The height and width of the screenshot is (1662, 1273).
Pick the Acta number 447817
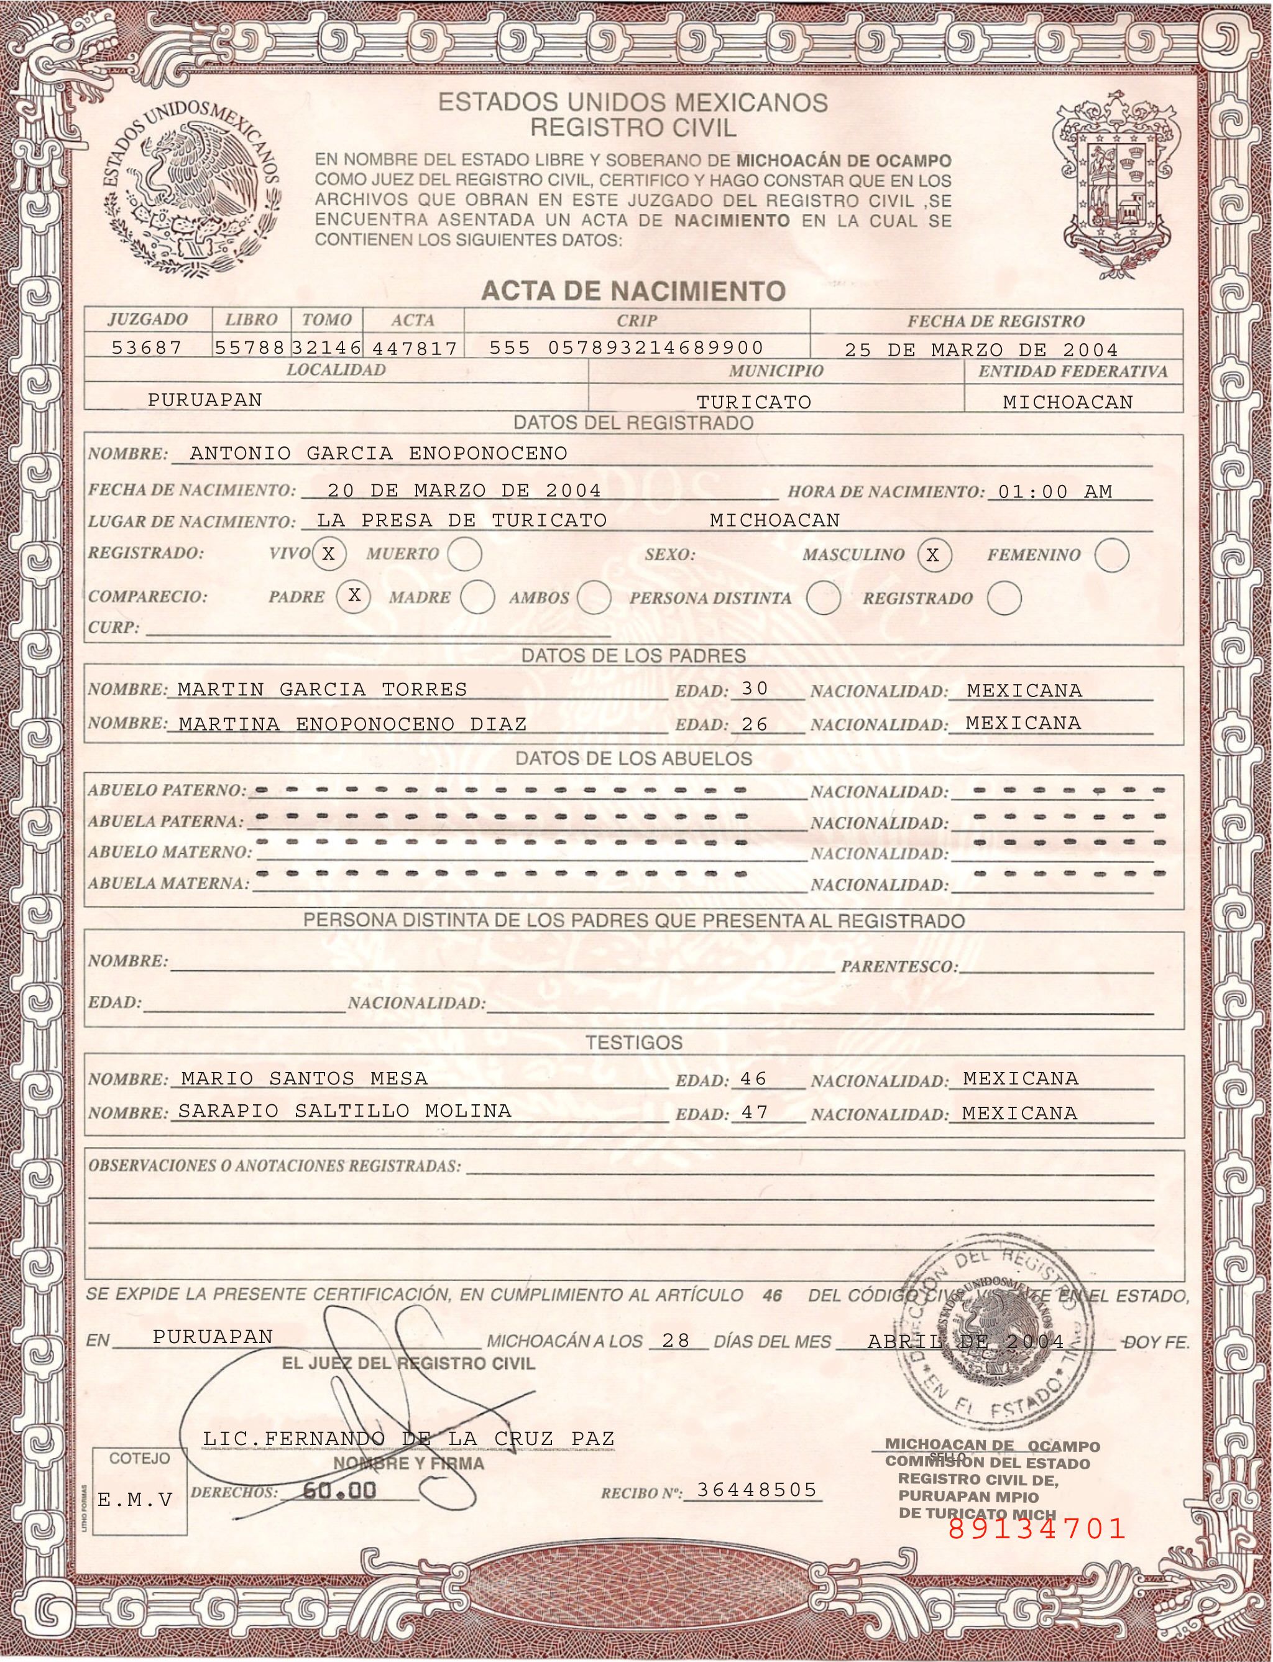coord(415,349)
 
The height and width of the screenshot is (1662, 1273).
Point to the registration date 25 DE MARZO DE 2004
coord(981,350)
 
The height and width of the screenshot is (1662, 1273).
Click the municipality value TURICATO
coord(753,402)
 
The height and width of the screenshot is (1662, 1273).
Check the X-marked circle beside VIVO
coord(328,554)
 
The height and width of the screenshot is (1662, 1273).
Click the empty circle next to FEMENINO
coord(1111,554)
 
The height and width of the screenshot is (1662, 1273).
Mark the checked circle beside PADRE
coord(354,596)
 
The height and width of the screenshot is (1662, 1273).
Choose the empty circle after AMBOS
coord(594,597)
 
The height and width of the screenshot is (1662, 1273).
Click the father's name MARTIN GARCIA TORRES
coord(322,690)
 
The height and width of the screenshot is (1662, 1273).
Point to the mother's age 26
coord(755,724)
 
